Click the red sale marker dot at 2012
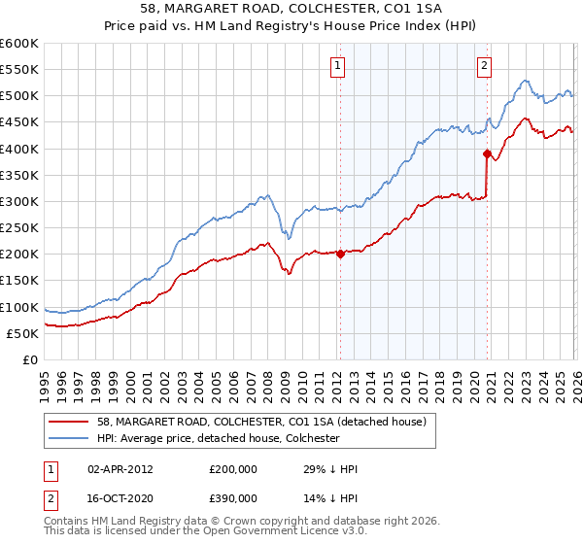pos(340,254)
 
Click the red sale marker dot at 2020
pos(487,153)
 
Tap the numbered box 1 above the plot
pos(337,66)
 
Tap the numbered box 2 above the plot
pos(484,66)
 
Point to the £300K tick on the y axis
pos(19,201)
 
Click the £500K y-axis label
pos(19,96)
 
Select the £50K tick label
pos(23,333)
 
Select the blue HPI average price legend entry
pos(218,438)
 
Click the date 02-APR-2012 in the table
pos(120,469)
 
